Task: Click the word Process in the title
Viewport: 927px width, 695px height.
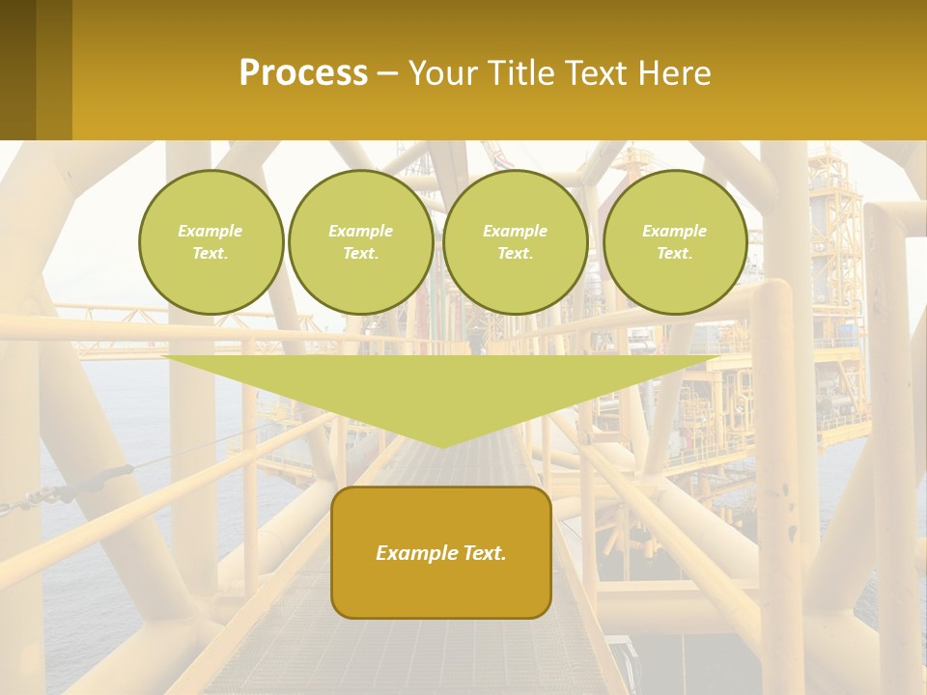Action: (303, 73)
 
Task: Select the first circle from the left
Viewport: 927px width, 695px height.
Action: (211, 242)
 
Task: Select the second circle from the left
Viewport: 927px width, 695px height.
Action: (361, 242)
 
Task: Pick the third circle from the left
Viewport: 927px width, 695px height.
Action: (515, 242)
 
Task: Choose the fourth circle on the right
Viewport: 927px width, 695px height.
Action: (675, 242)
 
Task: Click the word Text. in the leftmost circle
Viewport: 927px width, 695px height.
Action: (211, 254)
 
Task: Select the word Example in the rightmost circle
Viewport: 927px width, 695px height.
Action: (675, 231)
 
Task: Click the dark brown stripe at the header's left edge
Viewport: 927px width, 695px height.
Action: (17, 69)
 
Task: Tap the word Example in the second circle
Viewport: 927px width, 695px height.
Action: (361, 231)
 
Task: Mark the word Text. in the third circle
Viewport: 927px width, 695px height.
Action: (515, 254)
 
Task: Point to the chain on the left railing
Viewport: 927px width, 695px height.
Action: (58, 492)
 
